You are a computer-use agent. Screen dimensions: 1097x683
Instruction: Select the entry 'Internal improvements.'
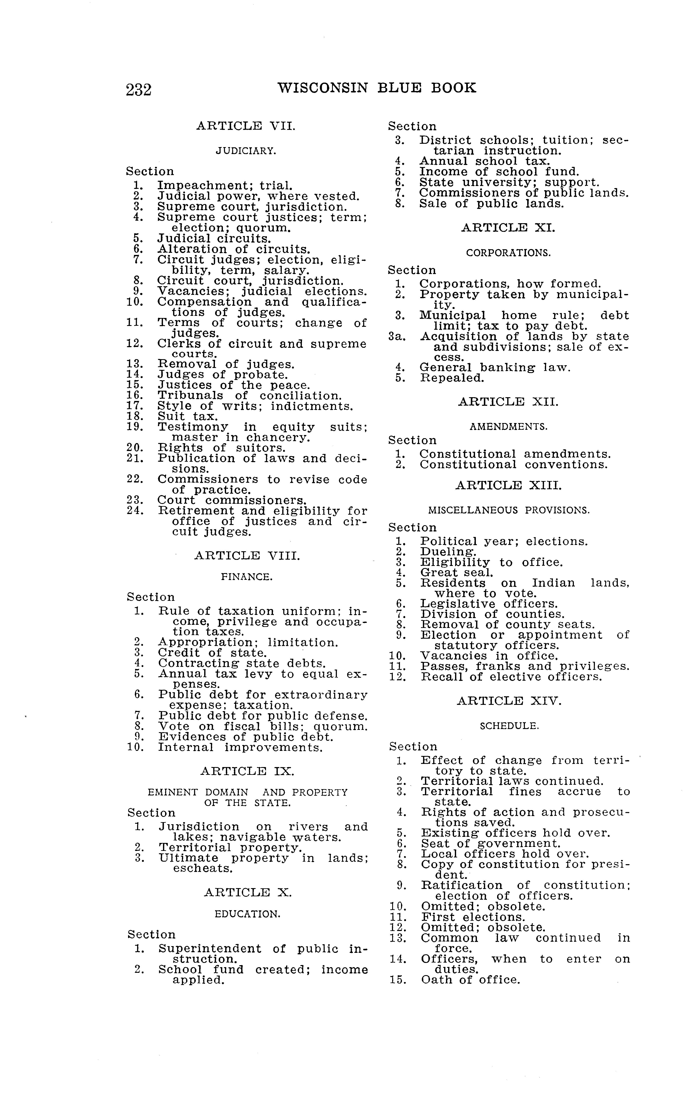(240, 747)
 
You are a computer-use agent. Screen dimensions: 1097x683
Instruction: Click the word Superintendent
(210, 948)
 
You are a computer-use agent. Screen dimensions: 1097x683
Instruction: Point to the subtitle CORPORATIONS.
(508, 253)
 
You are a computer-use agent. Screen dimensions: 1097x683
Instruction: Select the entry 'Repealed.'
(452, 378)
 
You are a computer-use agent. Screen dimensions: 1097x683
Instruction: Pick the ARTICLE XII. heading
(508, 402)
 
